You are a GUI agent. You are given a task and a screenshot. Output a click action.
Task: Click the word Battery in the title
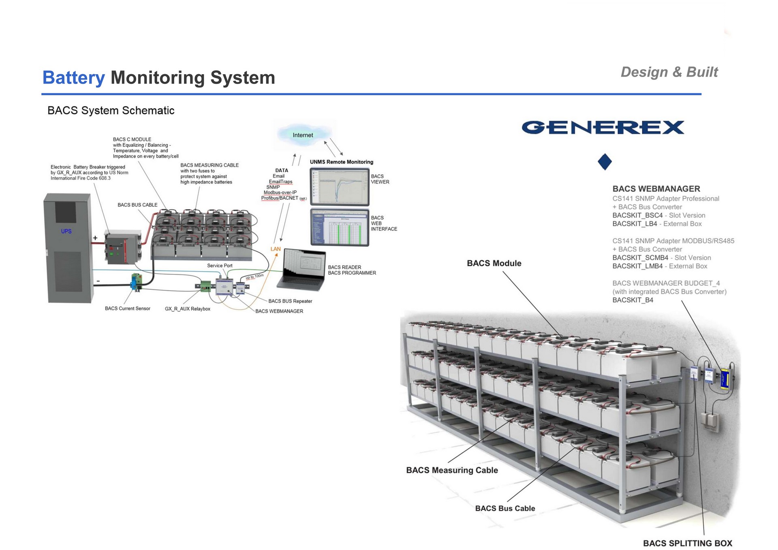click(73, 77)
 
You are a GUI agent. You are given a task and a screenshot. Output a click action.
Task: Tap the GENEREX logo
click(603, 128)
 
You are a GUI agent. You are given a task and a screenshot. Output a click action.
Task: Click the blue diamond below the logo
click(605, 162)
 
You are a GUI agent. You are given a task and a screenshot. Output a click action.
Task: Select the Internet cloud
click(303, 135)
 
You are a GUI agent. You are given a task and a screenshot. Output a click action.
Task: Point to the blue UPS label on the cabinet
click(66, 231)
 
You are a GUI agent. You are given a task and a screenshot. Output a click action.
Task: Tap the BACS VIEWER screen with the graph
click(340, 187)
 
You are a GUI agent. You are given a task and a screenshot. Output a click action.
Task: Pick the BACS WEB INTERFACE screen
click(340, 227)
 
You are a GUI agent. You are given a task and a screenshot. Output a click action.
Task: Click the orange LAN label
click(276, 249)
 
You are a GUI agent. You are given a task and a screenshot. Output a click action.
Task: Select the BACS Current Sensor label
click(127, 308)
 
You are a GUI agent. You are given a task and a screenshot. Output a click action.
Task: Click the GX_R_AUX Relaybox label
click(188, 309)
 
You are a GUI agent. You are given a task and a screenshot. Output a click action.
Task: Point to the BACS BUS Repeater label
click(290, 301)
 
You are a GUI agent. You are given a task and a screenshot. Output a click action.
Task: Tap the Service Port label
click(220, 265)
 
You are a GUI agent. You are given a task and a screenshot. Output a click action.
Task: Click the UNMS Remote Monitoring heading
click(342, 162)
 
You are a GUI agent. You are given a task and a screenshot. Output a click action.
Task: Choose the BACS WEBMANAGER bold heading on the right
click(656, 188)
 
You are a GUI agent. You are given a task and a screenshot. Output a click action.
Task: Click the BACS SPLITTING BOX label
click(688, 543)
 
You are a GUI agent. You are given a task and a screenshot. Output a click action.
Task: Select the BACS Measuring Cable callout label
click(452, 470)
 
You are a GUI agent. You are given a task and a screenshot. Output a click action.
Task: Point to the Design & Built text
click(669, 72)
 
